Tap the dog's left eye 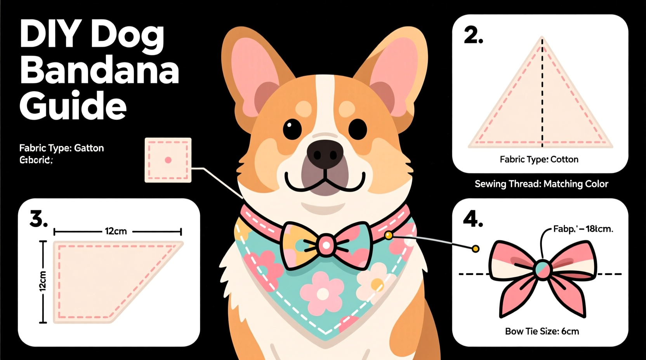(292, 129)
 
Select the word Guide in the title (73, 105)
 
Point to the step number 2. (473, 36)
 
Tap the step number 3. (38, 219)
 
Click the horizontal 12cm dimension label (116, 232)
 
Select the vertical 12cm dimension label (43, 281)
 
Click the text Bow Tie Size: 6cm (542, 331)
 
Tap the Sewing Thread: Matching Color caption (541, 184)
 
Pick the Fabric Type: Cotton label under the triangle (539, 159)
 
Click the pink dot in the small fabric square (168, 160)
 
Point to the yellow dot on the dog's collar (388, 235)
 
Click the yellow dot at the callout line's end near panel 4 (475, 249)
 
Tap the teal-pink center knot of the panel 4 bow (542, 269)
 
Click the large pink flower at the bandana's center (322, 294)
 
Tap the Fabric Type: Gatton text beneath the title (61, 148)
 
